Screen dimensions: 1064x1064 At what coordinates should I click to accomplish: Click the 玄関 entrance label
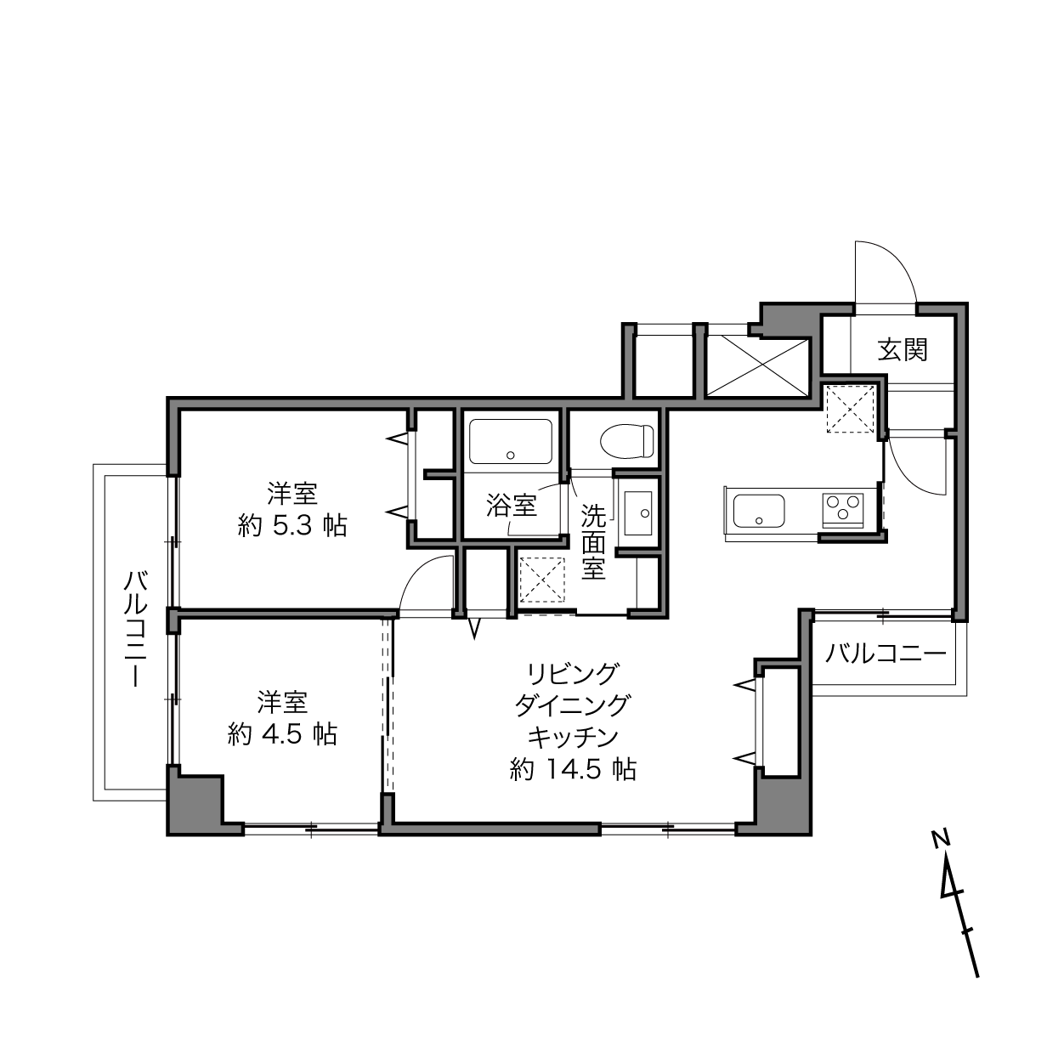pyautogui.click(x=903, y=350)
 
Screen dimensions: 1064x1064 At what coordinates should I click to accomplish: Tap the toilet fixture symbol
pyautogui.click(x=626, y=440)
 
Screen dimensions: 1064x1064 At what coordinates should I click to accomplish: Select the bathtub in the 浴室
pyautogui.click(x=510, y=442)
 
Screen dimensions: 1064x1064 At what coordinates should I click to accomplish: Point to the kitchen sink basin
pyautogui.click(x=759, y=511)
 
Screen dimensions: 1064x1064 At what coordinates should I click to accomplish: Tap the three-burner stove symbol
pyautogui.click(x=843, y=510)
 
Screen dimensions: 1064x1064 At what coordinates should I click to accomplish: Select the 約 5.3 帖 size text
pyautogui.click(x=292, y=526)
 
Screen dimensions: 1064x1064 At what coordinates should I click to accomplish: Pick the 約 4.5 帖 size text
pyautogui.click(x=282, y=734)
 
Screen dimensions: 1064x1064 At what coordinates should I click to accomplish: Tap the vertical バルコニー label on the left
pyautogui.click(x=135, y=630)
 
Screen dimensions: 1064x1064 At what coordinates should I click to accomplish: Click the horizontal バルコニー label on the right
pyautogui.click(x=885, y=655)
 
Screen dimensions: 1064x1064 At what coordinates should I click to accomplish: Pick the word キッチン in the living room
pyautogui.click(x=573, y=737)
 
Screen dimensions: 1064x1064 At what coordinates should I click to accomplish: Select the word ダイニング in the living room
pyautogui.click(x=573, y=705)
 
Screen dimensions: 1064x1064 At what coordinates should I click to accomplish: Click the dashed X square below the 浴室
pyautogui.click(x=542, y=580)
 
